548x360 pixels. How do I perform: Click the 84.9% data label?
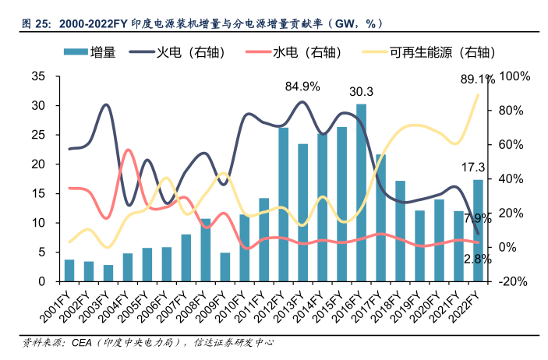pos(302,86)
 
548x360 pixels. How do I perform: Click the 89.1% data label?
pos(478,79)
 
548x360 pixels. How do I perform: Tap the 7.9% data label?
pos(477,217)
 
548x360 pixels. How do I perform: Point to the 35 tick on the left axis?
pos(38,76)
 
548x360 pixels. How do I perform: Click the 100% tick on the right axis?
pos(514,76)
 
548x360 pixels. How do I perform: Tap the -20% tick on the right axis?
pos(514,281)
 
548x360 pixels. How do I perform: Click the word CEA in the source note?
pos(81,342)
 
